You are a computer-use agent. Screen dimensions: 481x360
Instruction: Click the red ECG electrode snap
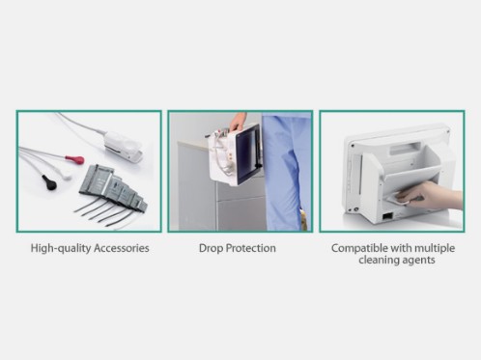pos(75,159)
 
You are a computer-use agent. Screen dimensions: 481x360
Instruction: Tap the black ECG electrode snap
pos(49,182)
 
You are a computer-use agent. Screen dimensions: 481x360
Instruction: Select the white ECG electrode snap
pos(67,175)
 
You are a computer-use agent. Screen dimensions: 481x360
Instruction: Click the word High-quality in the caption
pos(61,248)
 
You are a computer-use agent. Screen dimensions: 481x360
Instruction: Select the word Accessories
pos(122,248)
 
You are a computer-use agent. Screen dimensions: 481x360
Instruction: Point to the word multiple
pos(435,248)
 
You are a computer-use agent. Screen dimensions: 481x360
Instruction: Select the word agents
pos(419,261)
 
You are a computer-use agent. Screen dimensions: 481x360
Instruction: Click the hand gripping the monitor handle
pos(238,123)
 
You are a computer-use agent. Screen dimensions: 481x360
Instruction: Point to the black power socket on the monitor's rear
pos(387,216)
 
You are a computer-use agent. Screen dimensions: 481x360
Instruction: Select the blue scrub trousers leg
pos(286,171)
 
